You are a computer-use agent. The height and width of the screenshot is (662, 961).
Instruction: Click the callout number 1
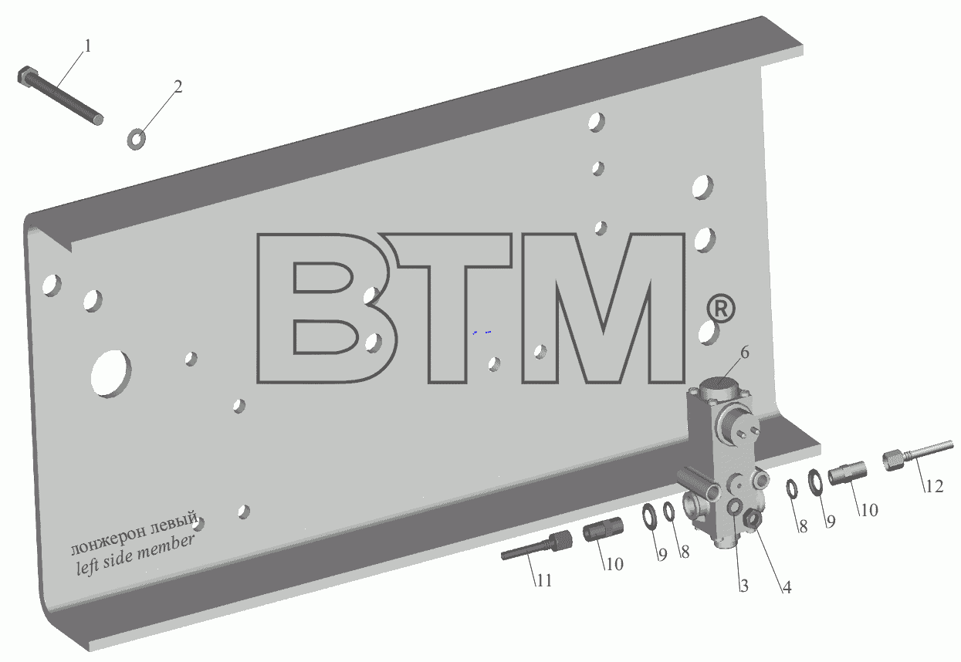pos(87,46)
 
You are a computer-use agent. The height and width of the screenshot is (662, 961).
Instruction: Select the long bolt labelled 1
pos(60,96)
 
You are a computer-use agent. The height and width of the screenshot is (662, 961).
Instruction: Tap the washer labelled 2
pos(136,139)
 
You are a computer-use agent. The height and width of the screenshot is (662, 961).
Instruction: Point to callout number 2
pos(178,87)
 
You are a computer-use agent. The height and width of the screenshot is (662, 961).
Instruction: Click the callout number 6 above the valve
pos(744,353)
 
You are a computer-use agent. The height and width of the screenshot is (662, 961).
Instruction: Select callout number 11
pos(543,580)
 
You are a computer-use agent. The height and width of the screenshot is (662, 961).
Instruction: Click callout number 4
pos(787,587)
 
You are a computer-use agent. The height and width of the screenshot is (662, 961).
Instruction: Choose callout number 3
pos(744,586)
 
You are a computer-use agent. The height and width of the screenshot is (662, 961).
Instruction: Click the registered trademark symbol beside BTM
pos(720,309)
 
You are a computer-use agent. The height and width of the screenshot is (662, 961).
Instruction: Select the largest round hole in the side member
pos(110,373)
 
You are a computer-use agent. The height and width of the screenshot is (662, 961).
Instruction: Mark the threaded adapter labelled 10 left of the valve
pos(603,529)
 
